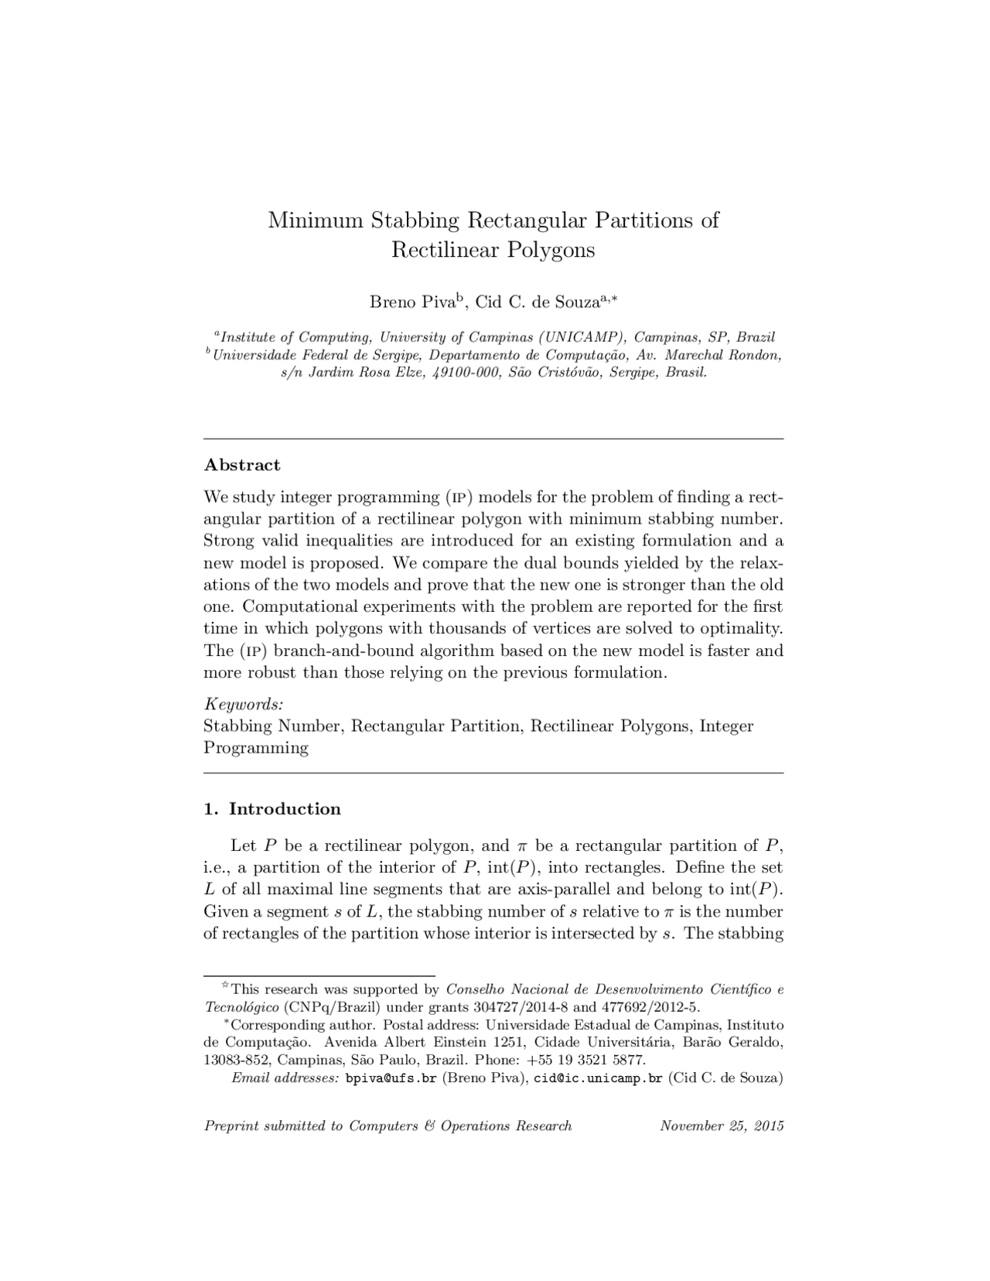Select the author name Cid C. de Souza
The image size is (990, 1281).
pos(537,302)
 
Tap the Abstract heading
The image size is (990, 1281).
pos(241,465)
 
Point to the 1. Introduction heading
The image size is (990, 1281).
pos(272,809)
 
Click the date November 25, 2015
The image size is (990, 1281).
pos(721,1126)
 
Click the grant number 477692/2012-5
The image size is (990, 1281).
pos(648,1007)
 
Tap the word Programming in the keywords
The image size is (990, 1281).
pos(255,748)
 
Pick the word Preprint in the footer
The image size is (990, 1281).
pos(231,1126)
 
